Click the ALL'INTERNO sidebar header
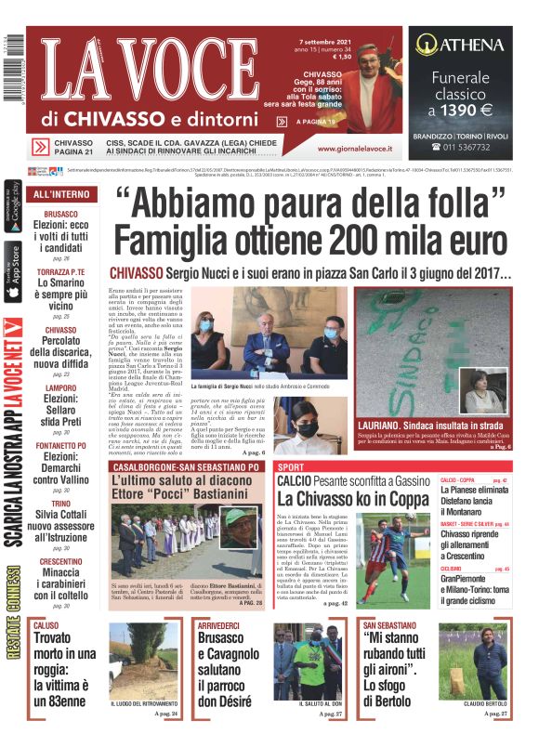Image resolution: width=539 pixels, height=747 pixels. pyautogui.click(x=61, y=194)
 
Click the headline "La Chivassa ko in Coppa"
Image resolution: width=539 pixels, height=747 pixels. pyautogui.click(x=354, y=497)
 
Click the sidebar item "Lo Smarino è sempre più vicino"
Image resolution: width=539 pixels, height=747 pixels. pyautogui.click(x=61, y=294)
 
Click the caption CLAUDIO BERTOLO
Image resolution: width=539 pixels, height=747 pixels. pyautogui.click(x=483, y=704)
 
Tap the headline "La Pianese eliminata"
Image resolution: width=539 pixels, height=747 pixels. pyautogui.click(x=474, y=489)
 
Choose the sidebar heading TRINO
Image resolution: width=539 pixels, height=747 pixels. pyautogui.click(x=61, y=503)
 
